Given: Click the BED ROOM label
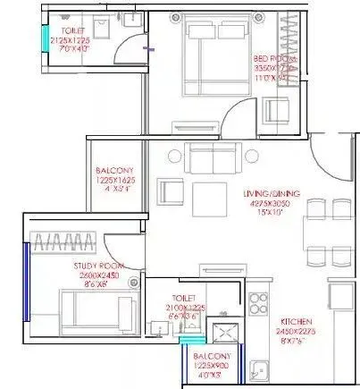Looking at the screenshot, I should (x=275, y=58).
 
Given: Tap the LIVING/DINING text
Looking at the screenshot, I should (x=274, y=193).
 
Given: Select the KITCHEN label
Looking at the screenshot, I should (x=297, y=321).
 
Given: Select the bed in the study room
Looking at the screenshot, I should (x=89, y=312).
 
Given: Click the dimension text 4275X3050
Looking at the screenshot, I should (x=274, y=203).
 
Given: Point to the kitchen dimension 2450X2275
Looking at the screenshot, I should (x=297, y=331).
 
